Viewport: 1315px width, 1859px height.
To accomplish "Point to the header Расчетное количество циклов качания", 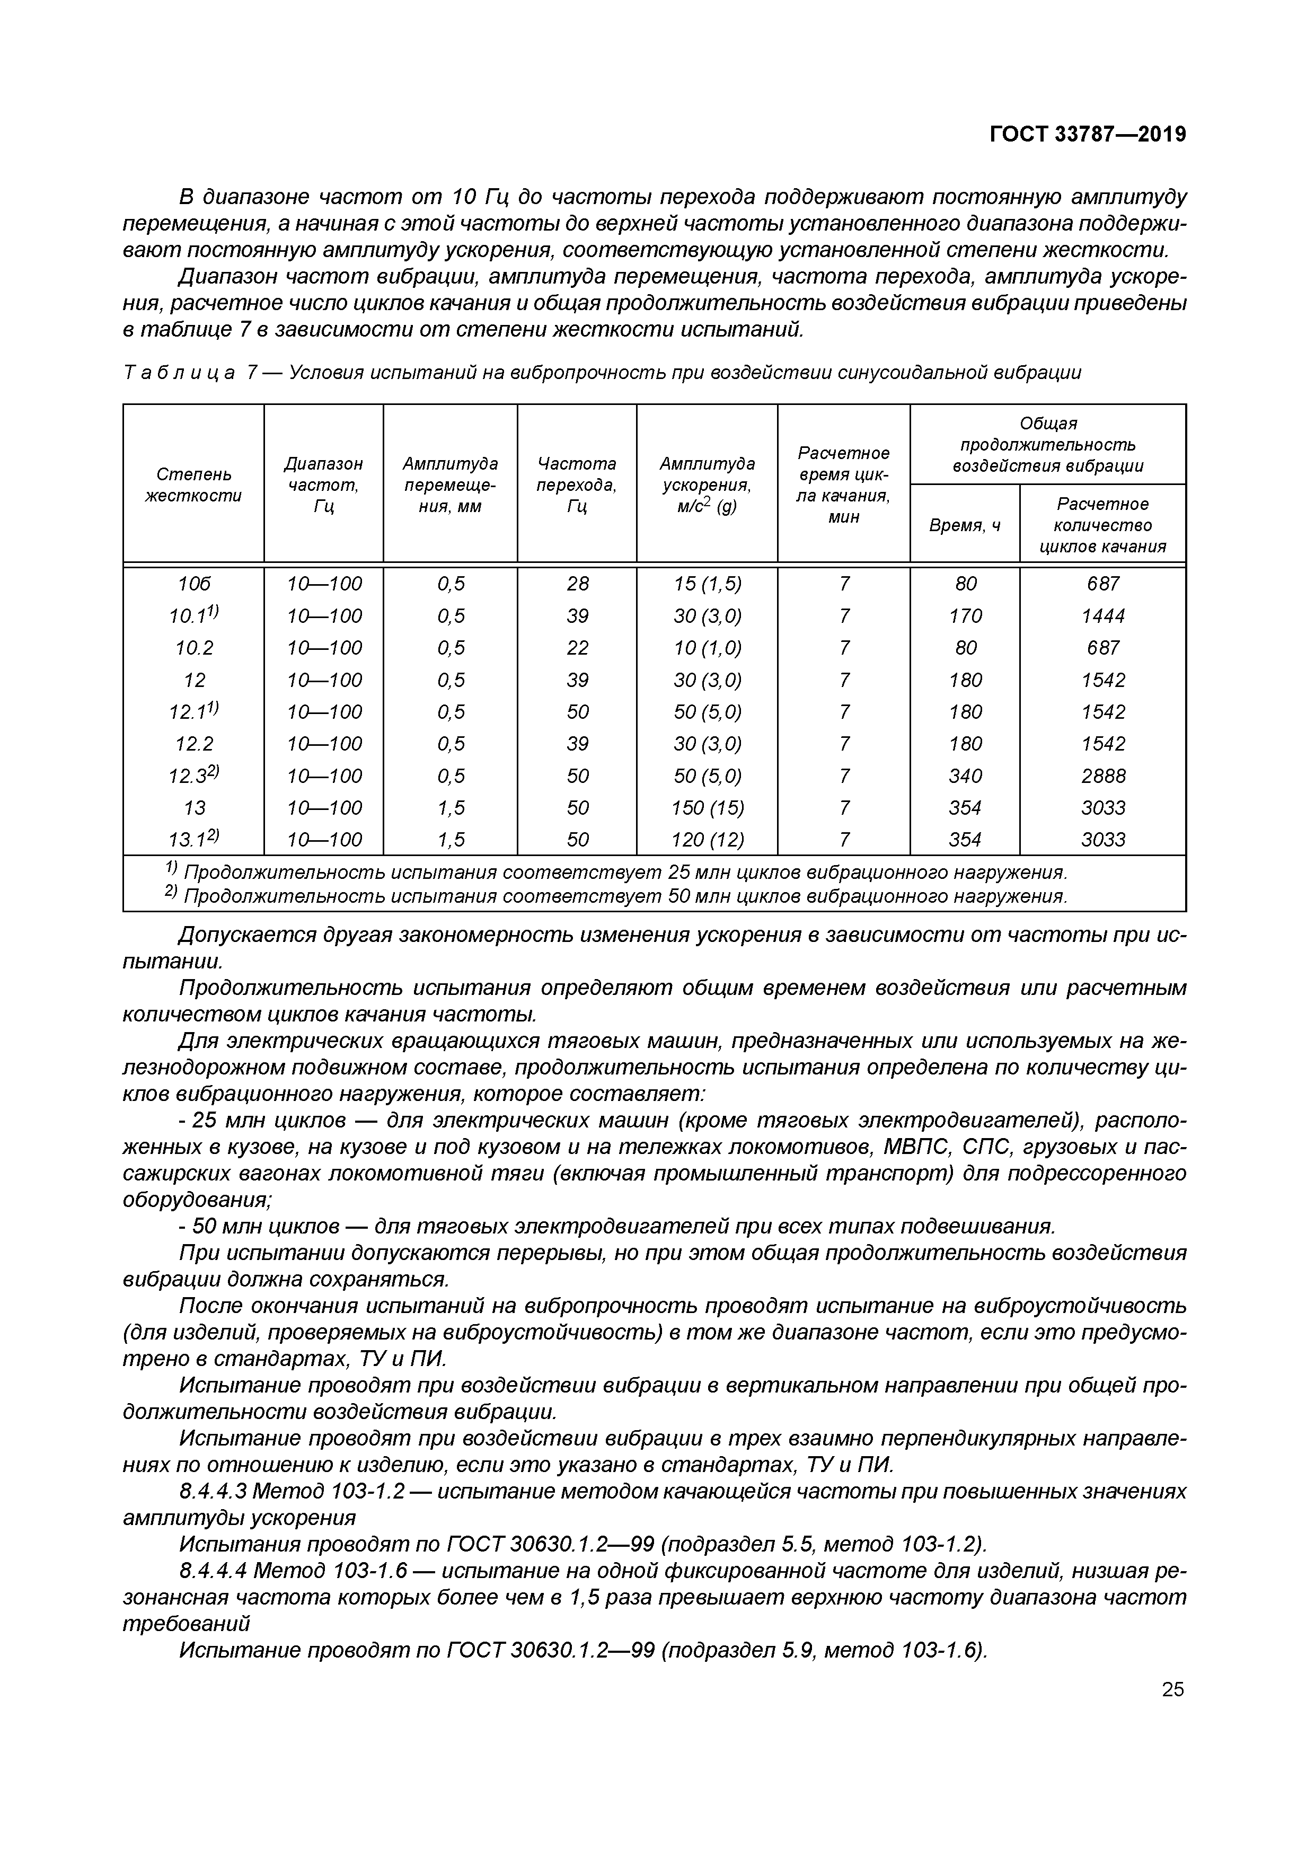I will pos(1103,525).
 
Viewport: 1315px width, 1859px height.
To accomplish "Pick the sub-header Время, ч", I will pos(965,525).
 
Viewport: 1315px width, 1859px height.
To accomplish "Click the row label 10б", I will pos(195,584).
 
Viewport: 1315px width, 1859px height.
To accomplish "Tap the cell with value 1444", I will pos(1103,616).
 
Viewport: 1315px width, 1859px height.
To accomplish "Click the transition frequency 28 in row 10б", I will pos(577,584).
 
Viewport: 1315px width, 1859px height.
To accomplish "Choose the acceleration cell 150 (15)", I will pos(707,807).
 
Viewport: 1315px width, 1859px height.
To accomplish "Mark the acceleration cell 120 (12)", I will pos(707,840).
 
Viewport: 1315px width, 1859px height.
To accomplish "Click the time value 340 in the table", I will pos(965,776).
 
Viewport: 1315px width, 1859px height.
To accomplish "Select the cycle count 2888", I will pos(1103,776).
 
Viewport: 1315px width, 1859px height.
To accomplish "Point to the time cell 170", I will pos(965,616).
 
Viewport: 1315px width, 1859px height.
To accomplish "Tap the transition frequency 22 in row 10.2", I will pos(577,648).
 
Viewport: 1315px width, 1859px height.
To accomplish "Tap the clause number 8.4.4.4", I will pos(212,1570).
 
